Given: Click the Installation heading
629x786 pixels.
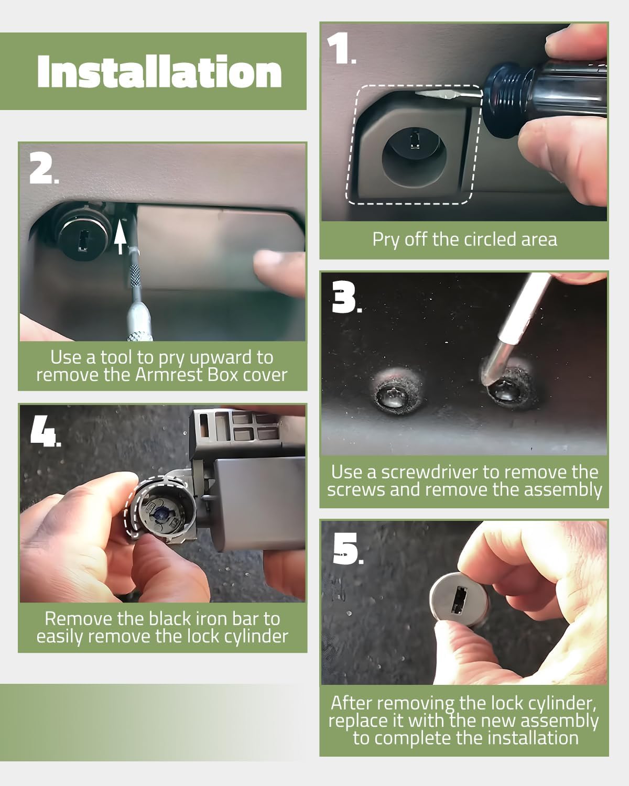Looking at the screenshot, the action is point(159,72).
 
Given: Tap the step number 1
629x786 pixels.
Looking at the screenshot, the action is point(341,49).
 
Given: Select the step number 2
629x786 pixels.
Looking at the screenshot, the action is point(44,168).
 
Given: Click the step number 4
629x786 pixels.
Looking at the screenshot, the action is point(45,431).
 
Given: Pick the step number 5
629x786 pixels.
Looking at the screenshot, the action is point(348,549).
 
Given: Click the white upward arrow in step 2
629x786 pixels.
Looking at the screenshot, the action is point(120,240).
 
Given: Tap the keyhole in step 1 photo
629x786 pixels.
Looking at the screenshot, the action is point(415,138).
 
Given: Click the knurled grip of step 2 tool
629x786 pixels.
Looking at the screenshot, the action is point(135,276).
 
